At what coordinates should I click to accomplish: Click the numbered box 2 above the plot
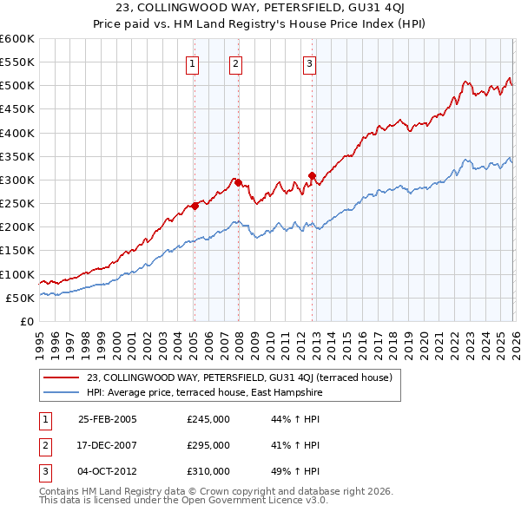[235, 62]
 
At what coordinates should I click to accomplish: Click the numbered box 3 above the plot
[310, 62]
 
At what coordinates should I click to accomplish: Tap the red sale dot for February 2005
[195, 206]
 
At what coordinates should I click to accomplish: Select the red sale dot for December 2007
[238, 183]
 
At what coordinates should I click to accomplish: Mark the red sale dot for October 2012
[311, 175]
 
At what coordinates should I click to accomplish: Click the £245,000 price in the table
[208, 419]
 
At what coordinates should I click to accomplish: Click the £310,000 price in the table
[208, 471]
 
